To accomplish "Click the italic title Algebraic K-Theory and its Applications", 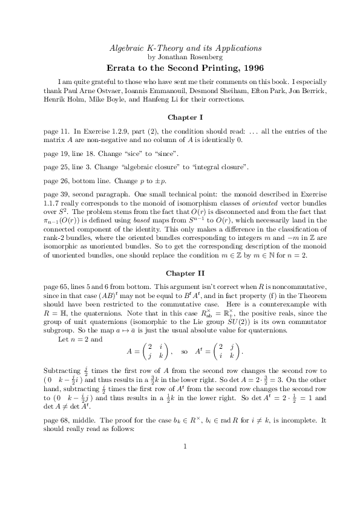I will point(185,48).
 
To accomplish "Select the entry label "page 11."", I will point(56,131).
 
